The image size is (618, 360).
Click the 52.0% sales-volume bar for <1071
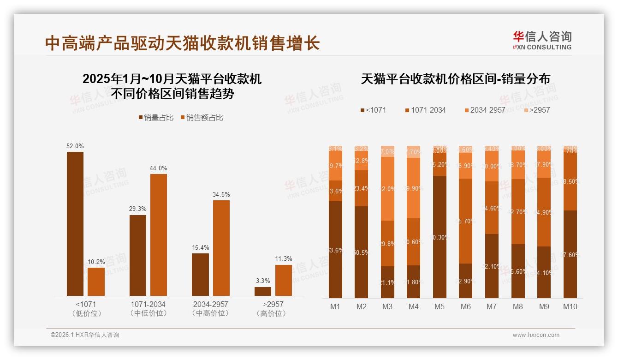click(x=75, y=224)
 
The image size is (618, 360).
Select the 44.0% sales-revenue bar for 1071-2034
click(x=158, y=235)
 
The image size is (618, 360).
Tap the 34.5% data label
click(x=221, y=195)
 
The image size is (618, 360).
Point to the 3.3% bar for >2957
click(x=263, y=292)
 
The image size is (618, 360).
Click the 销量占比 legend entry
click(x=156, y=118)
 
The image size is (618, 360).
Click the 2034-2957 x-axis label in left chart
click(x=210, y=305)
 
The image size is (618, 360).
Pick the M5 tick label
click(x=440, y=306)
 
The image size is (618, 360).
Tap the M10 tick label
click(x=570, y=306)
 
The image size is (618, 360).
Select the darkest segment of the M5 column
click(x=440, y=237)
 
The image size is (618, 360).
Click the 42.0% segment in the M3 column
click(x=388, y=189)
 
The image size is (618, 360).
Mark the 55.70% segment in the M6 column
click(x=466, y=221)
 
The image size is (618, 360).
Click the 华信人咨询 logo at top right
click(x=542, y=40)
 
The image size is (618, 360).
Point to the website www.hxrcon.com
click(x=536, y=335)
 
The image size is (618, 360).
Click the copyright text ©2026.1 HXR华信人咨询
click(x=85, y=335)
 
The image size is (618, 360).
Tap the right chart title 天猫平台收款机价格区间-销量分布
click(x=455, y=79)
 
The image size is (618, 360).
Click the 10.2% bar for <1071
click(x=96, y=282)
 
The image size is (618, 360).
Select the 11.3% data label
click(x=283, y=259)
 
